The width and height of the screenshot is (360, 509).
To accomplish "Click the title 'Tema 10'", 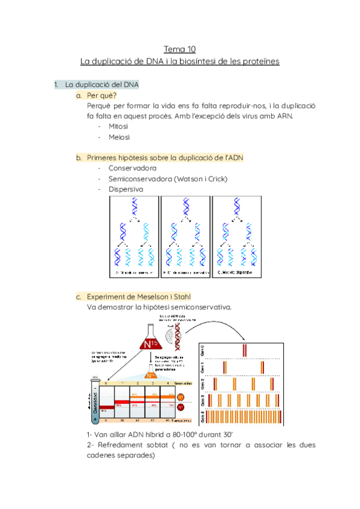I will (x=180, y=49).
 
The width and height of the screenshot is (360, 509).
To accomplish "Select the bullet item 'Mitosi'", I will (x=119, y=127).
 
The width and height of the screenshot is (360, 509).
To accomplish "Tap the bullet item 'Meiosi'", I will (x=119, y=137).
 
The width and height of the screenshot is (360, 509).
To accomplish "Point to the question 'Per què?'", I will (x=102, y=95).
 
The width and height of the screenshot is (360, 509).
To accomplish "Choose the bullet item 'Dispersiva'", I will (x=126, y=189).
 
